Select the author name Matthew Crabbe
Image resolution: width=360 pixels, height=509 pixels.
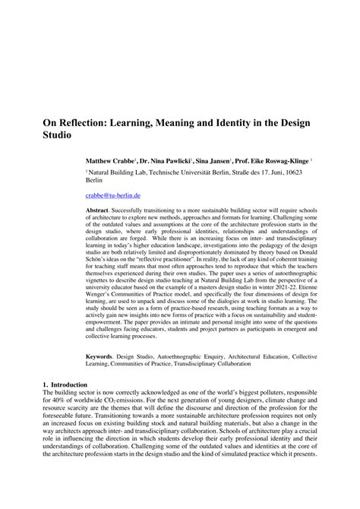click(110, 162)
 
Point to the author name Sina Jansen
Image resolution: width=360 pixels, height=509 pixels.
click(214, 162)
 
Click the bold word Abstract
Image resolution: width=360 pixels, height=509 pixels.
click(97, 209)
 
